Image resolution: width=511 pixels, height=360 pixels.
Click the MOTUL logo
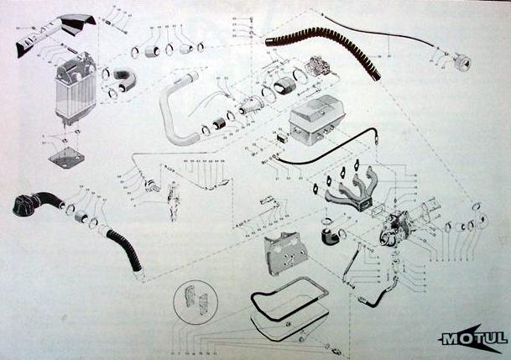(x=472, y=338)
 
